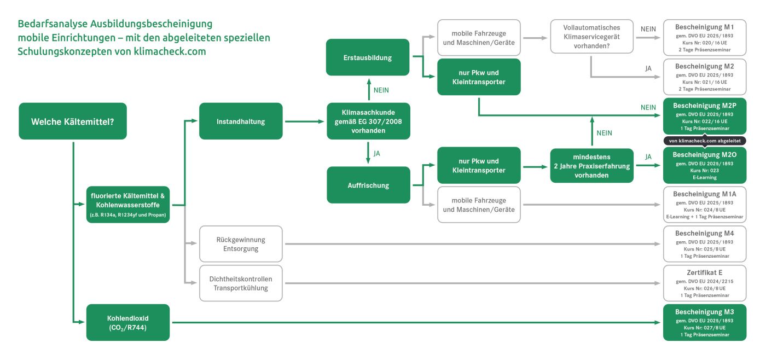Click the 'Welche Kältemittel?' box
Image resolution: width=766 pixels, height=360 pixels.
coord(73,121)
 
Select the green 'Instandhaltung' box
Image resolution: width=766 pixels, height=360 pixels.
coord(241,121)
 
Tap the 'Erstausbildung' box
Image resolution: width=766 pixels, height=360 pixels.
coord(368,57)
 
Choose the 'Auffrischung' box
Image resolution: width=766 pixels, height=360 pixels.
coord(368,185)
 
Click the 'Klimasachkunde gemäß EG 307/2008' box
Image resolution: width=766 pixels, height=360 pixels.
coord(368,121)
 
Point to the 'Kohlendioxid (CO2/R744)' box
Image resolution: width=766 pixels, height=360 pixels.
coord(128,322)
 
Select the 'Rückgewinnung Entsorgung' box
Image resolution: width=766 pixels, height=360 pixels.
coord(241,244)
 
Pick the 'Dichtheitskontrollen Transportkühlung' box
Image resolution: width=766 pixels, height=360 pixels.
coord(241,283)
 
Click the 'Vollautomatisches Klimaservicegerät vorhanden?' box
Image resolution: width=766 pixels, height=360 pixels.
coord(591,37)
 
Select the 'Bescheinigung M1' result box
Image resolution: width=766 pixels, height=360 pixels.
coord(704,38)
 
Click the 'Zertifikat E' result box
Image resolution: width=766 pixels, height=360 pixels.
coord(704,283)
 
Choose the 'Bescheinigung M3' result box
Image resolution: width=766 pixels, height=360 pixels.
coord(704,322)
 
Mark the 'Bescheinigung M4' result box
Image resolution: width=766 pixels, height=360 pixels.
coord(704,244)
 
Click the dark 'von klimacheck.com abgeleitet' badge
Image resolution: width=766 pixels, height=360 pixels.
coord(704,141)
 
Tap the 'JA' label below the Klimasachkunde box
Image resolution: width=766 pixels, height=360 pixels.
coord(376,154)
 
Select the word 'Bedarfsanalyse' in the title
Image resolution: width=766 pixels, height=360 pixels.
coord(50,25)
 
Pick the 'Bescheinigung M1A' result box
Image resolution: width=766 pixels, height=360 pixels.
coord(704,205)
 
